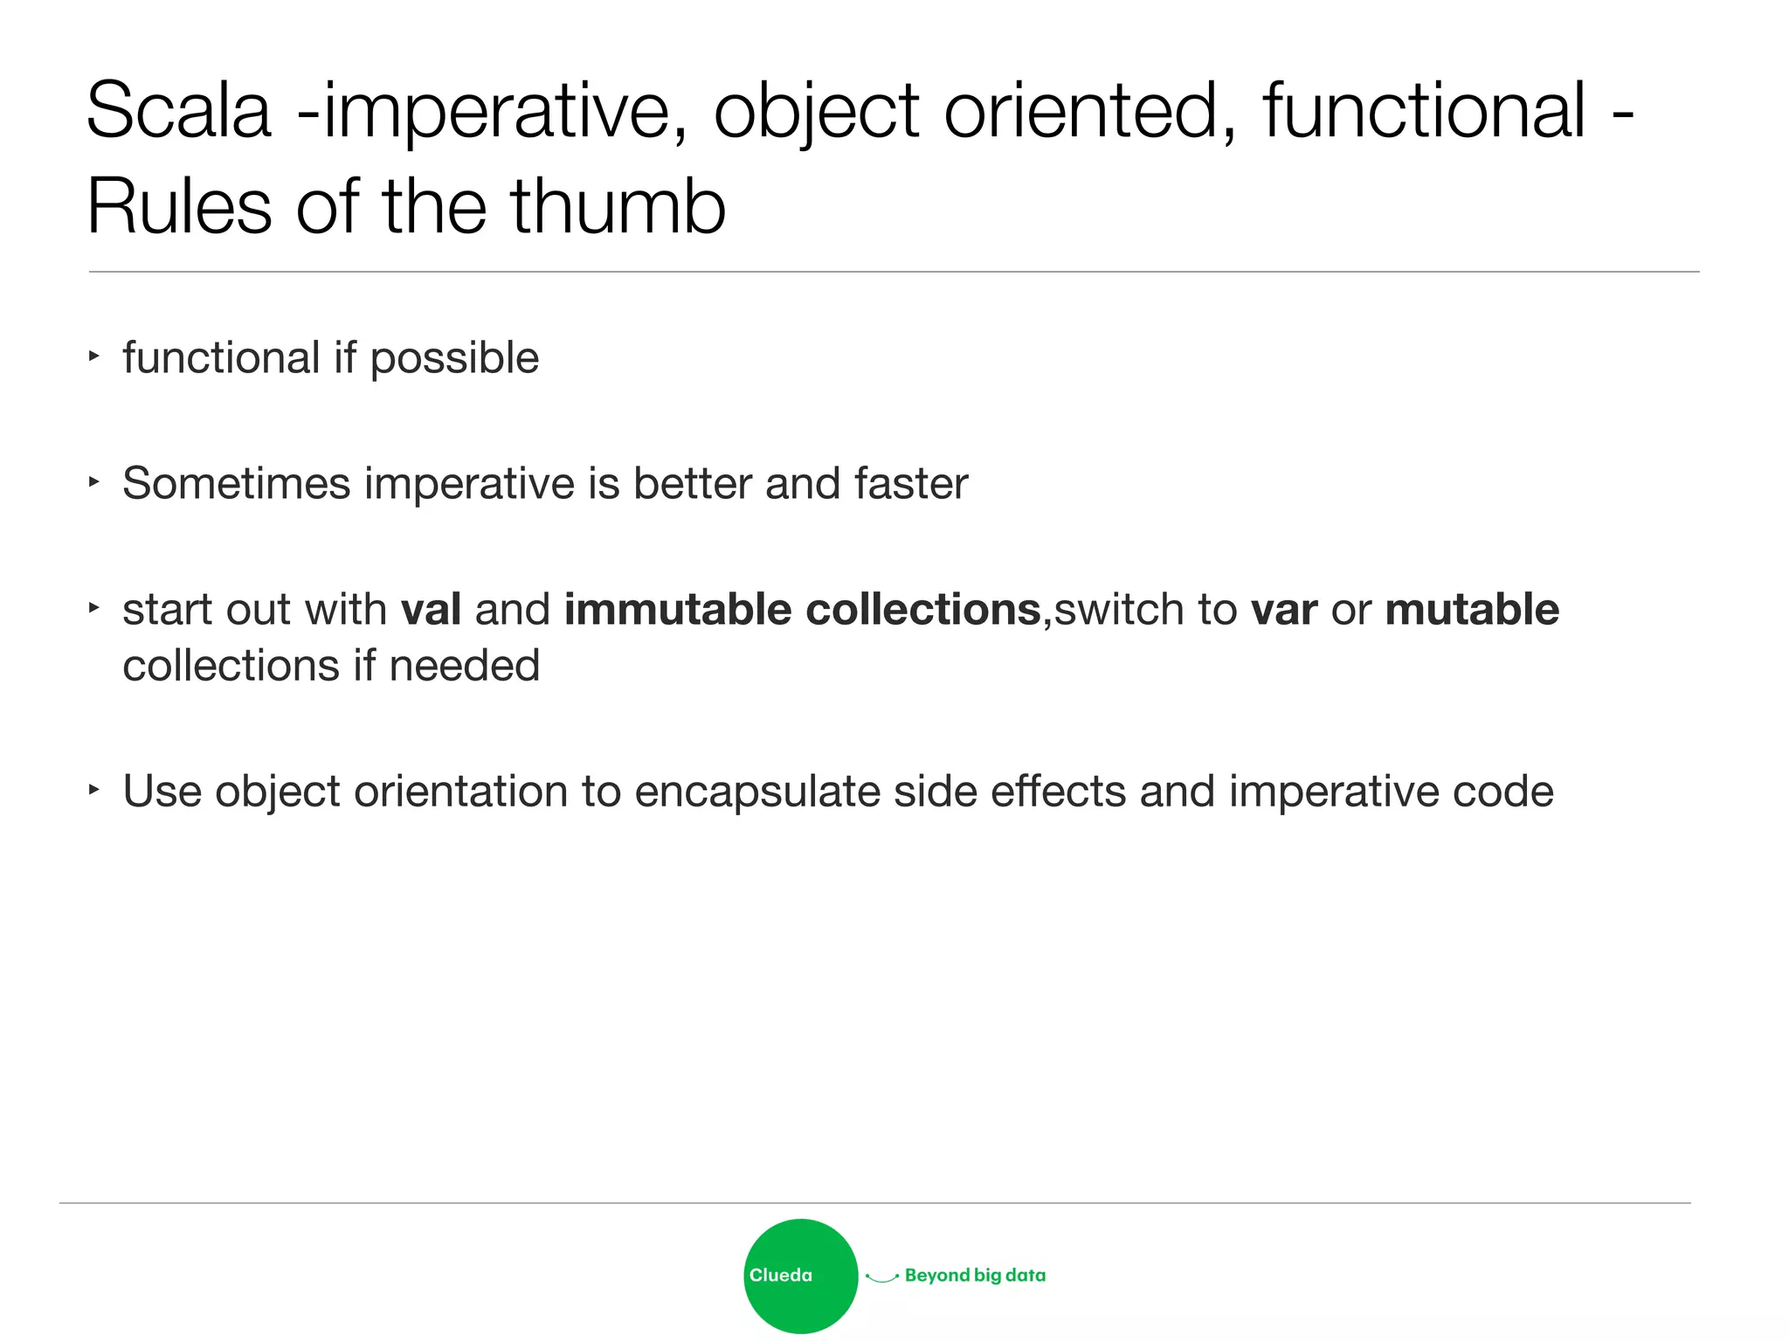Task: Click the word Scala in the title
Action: click(x=178, y=111)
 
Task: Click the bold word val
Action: click(x=431, y=609)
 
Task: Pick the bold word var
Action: click(x=1283, y=609)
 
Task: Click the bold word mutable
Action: click(x=1472, y=609)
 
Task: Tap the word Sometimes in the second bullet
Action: click(x=236, y=483)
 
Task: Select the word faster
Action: click(x=911, y=483)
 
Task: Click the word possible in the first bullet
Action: click(x=454, y=358)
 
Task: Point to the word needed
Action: click(x=464, y=666)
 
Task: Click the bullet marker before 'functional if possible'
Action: click(x=94, y=356)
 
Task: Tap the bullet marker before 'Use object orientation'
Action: click(x=94, y=789)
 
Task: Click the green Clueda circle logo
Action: click(x=800, y=1276)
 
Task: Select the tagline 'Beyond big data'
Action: click(x=975, y=1276)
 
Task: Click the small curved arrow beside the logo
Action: click(x=881, y=1278)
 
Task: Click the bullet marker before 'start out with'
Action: click(x=94, y=606)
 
